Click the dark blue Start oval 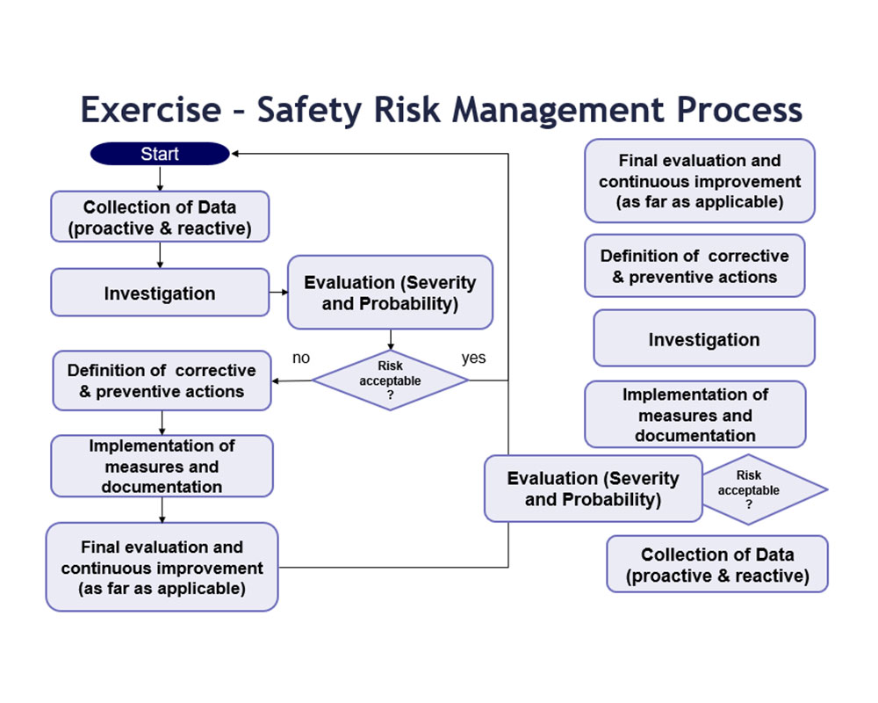160,154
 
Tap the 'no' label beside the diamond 301,358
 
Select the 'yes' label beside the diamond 474,358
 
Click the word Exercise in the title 151,109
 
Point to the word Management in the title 558,110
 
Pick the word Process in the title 739,109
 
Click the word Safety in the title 309,110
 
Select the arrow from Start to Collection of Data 160,178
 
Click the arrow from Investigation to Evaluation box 279,292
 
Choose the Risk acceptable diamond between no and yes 391,380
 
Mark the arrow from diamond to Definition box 291,381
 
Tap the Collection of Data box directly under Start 160,217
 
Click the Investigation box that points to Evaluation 160,293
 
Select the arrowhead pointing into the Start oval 235,154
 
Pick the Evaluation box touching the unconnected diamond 594,489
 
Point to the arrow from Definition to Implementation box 162,424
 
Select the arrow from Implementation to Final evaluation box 162,511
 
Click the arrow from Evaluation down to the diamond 391,340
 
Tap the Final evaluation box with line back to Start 162,568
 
